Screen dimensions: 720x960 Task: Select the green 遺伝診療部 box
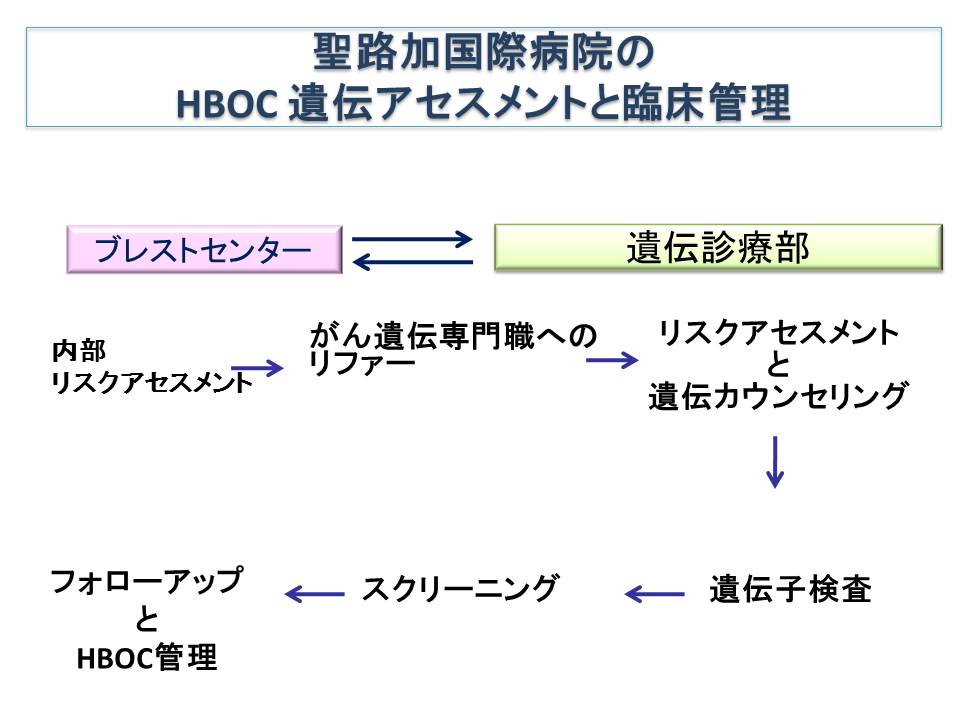pyautogui.click(x=718, y=248)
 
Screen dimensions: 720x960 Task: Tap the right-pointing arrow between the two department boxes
pyautogui.click(x=412, y=239)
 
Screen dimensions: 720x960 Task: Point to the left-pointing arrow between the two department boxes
pyautogui.click(x=412, y=263)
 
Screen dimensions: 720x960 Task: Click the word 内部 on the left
pyautogui.click(x=79, y=351)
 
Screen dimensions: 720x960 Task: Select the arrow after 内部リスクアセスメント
pyautogui.click(x=258, y=368)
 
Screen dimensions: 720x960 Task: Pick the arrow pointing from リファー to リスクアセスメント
pyautogui.click(x=611, y=359)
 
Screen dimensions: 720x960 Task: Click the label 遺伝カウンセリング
pyautogui.click(x=777, y=397)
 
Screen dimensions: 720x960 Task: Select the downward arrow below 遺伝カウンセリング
pyautogui.click(x=774, y=461)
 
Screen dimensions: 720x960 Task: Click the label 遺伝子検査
pyautogui.click(x=790, y=590)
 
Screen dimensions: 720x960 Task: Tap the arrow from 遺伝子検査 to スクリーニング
pyautogui.click(x=655, y=594)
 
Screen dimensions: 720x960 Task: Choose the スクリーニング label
pyautogui.click(x=459, y=588)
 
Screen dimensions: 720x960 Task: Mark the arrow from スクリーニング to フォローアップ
pyautogui.click(x=314, y=594)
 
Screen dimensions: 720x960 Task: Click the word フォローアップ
pyautogui.click(x=146, y=581)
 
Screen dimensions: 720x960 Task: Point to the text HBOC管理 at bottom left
pyautogui.click(x=146, y=658)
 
